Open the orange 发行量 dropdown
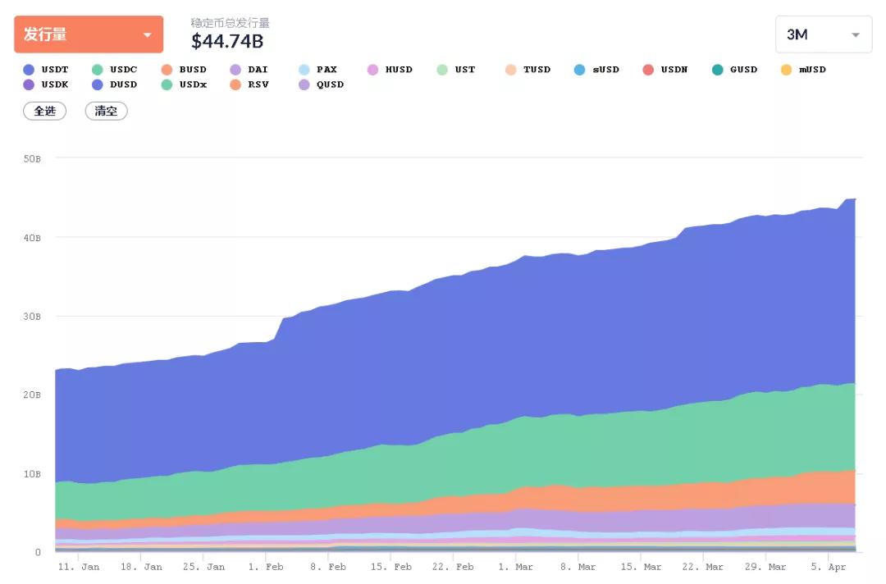89,34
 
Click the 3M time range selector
823,34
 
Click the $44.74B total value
227,40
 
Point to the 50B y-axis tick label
32,158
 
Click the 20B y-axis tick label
32,395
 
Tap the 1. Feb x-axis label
265,567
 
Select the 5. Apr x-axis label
830,567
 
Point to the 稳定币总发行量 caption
230,23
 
